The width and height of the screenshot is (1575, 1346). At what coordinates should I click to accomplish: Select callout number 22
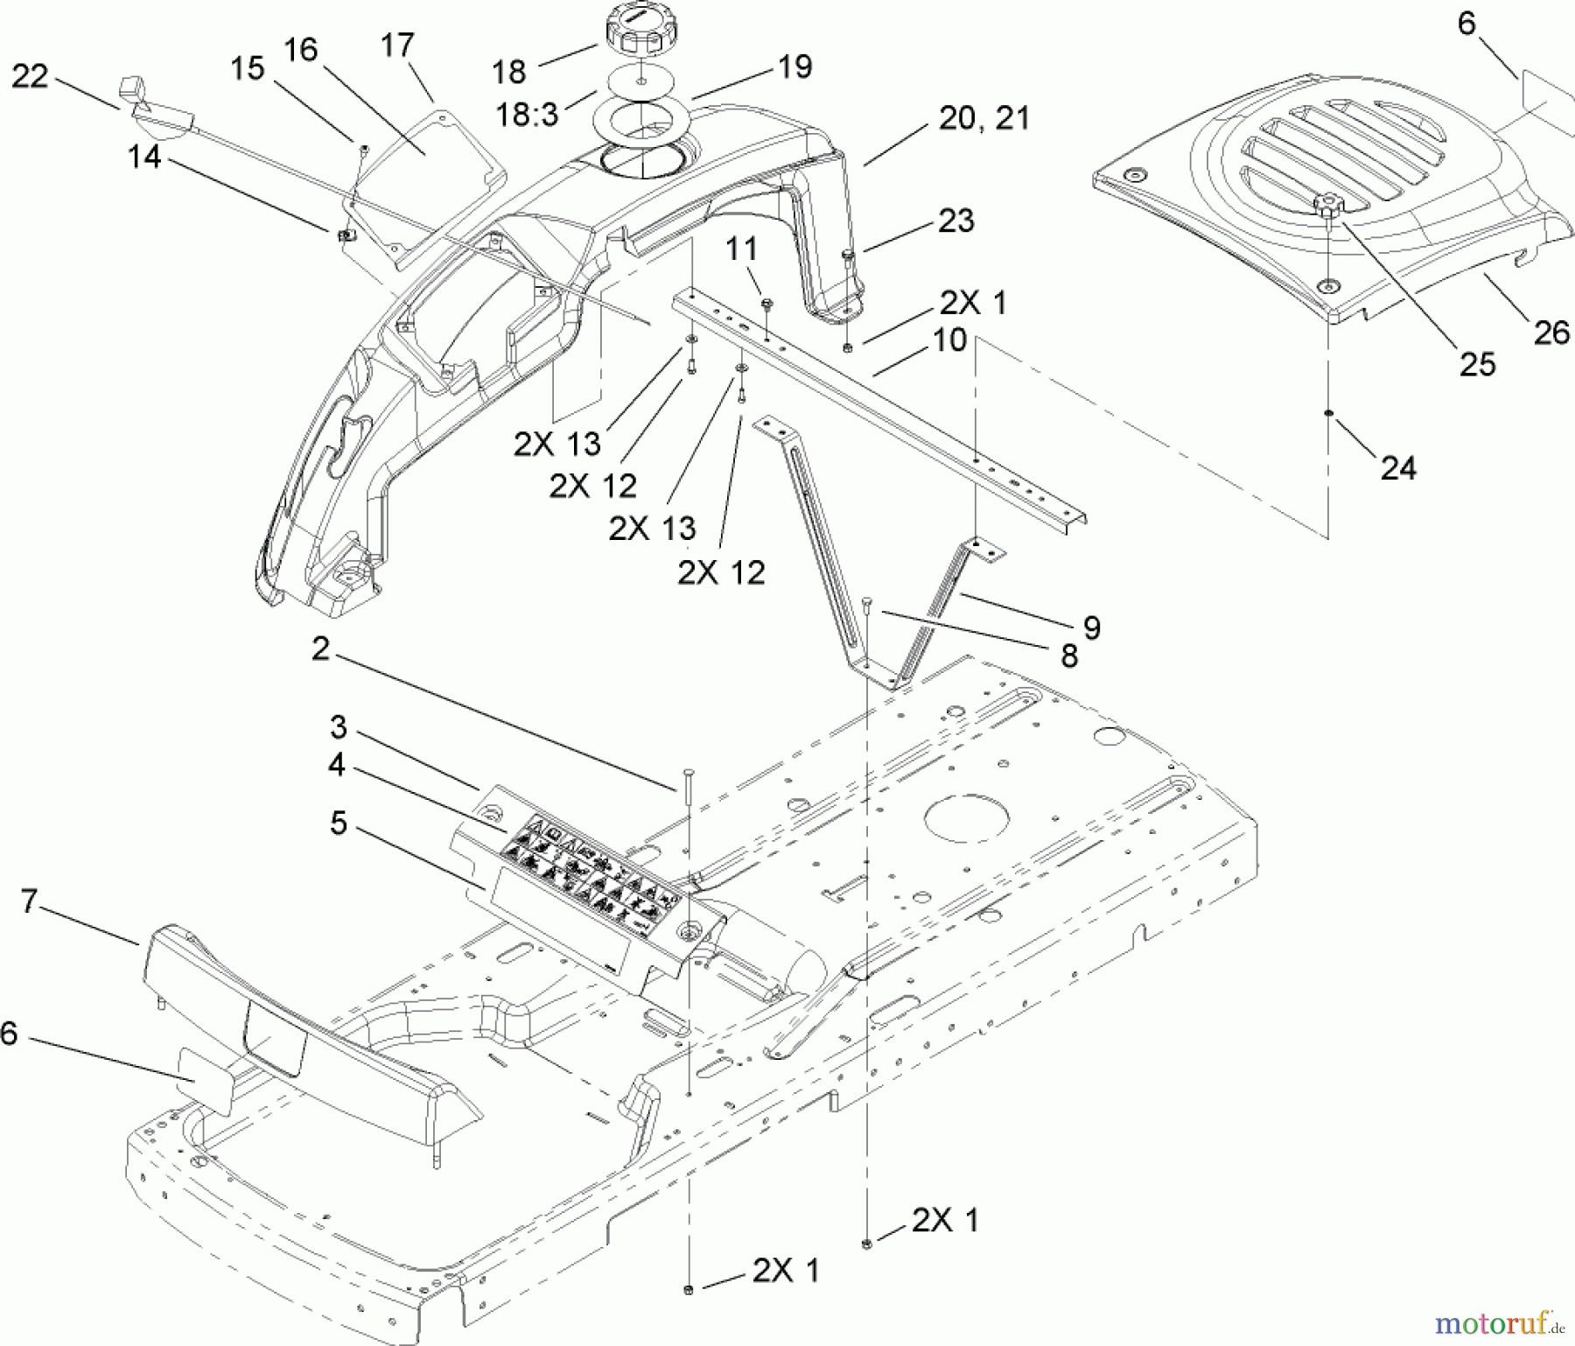point(30,77)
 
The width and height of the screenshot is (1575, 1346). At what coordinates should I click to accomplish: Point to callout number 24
point(1397,467)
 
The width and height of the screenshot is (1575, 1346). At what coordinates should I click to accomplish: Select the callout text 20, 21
point(983,118)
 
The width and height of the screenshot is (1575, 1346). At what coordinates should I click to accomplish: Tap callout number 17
point(398,46)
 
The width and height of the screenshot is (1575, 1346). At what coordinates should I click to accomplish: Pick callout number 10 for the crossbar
point(949,340)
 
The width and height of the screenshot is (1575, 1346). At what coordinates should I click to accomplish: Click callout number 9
point(1091,627)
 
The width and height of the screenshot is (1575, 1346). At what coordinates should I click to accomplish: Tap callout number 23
point(955,221)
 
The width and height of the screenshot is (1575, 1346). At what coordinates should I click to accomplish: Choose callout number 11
point(741,249)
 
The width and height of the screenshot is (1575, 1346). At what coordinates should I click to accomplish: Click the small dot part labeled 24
point(1328,412)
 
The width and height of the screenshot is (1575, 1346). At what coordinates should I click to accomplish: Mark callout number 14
point(145,158)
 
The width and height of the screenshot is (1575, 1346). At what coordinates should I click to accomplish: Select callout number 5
point(338,824)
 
